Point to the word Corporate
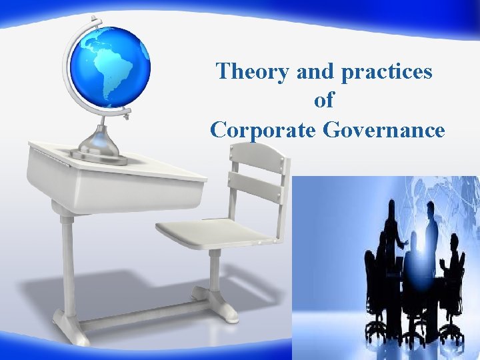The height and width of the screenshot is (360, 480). coord(263,129)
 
